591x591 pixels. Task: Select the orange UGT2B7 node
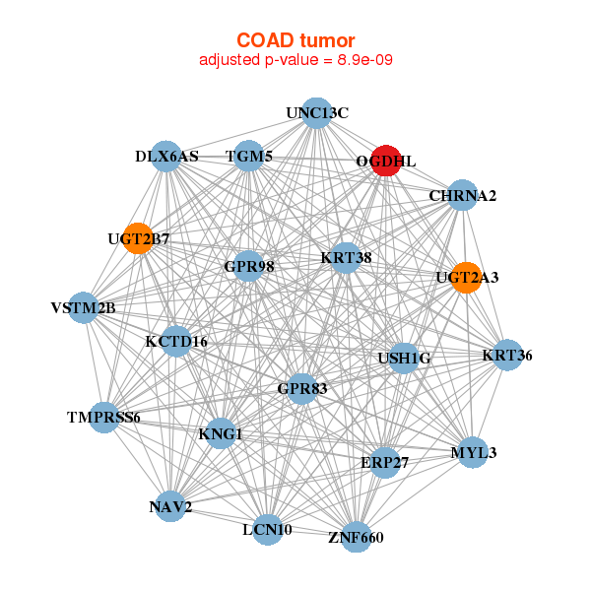pos(138,238)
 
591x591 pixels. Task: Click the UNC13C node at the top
pos(315,112)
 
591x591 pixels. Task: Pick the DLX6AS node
pos(167,157)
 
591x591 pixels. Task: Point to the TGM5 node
pos(249,157)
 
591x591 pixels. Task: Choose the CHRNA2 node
pos(461,195)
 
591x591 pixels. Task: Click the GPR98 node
pos(248,265)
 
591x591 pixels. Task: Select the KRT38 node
pos(346,258)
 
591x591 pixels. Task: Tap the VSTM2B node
pos(85,308)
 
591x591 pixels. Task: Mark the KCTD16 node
pos(176,342)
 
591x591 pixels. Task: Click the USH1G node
pos(402,358)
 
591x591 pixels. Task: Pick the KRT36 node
pos(506,355)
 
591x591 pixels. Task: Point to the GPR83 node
pos(300,388)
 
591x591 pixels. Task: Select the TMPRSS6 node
pos(104,417)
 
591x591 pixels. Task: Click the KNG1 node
pos(220,433)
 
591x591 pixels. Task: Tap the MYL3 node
pos(474,452)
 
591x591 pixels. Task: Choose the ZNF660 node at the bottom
pos(356,537)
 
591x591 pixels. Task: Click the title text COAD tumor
pos(295,40)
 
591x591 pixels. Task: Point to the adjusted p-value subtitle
pos(295,60)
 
